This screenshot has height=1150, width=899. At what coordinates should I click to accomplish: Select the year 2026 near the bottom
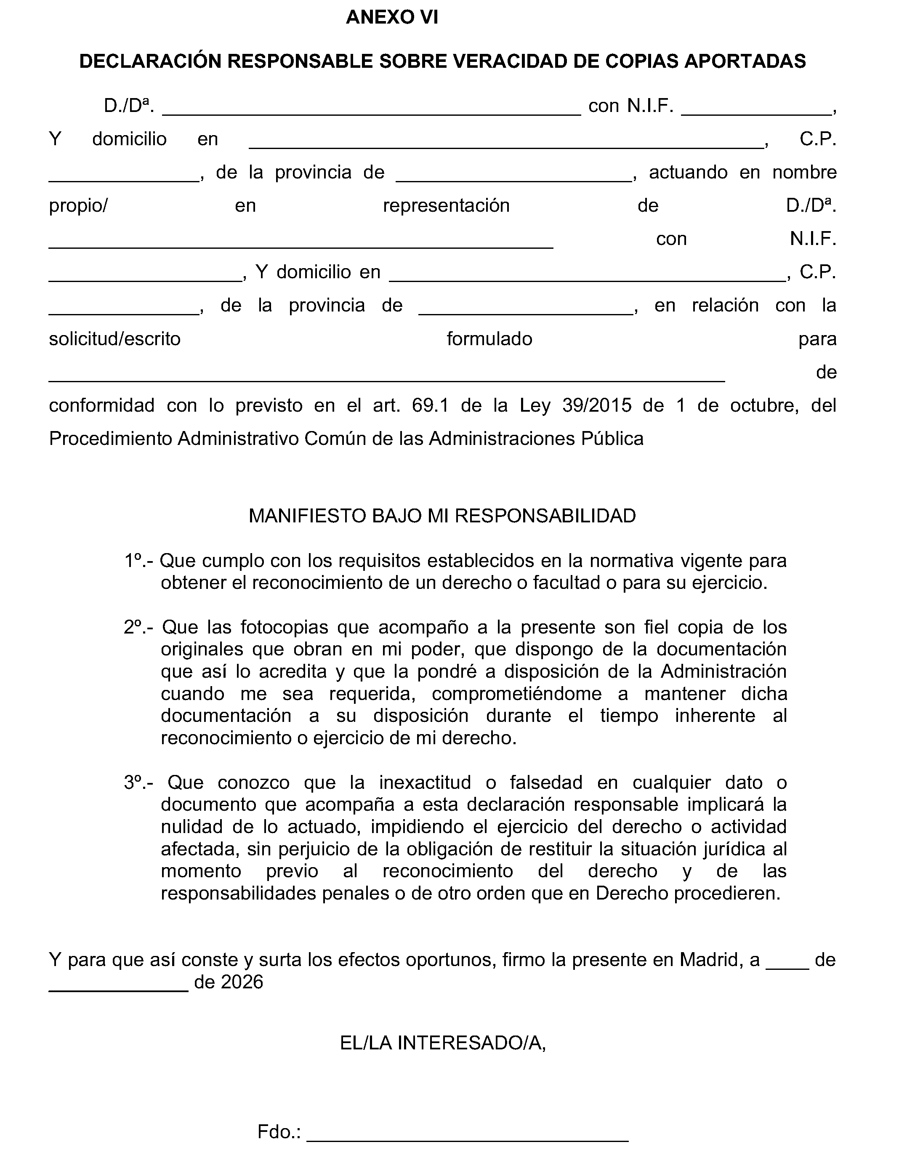point(242,982)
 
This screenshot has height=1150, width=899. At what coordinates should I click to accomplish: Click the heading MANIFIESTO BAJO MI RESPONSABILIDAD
point(442,516)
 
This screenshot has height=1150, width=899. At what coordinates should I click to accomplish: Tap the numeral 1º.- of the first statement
point(139,561)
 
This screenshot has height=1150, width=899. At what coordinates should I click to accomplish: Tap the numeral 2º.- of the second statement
point(139,627)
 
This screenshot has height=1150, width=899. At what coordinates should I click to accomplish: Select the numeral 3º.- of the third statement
point(139,783)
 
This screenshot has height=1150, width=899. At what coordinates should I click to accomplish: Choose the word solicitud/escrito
point(115,338)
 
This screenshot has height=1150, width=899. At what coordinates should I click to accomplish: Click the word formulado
point(489,338)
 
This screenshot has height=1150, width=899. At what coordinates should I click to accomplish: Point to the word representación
point(446,205)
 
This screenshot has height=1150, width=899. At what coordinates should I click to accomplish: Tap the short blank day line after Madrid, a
point(787,967)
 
